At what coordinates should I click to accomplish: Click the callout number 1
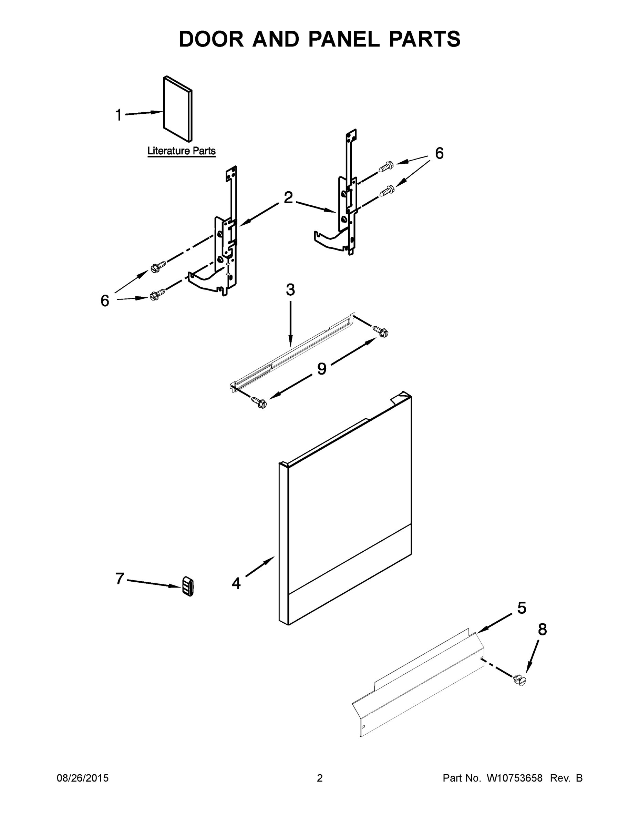(118, 115)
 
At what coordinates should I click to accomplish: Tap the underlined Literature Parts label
(181, 151)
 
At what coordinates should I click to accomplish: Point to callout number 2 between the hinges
(288, 197)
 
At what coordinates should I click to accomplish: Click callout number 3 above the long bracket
(290, 290)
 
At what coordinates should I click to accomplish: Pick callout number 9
(321, 368)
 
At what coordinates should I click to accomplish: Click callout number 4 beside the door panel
(236, 583)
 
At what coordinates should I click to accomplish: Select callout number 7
(120, 579)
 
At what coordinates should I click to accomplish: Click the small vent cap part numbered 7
(188, 586)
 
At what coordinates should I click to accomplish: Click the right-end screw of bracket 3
(381, 331)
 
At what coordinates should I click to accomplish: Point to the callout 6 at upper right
(439, 153)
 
